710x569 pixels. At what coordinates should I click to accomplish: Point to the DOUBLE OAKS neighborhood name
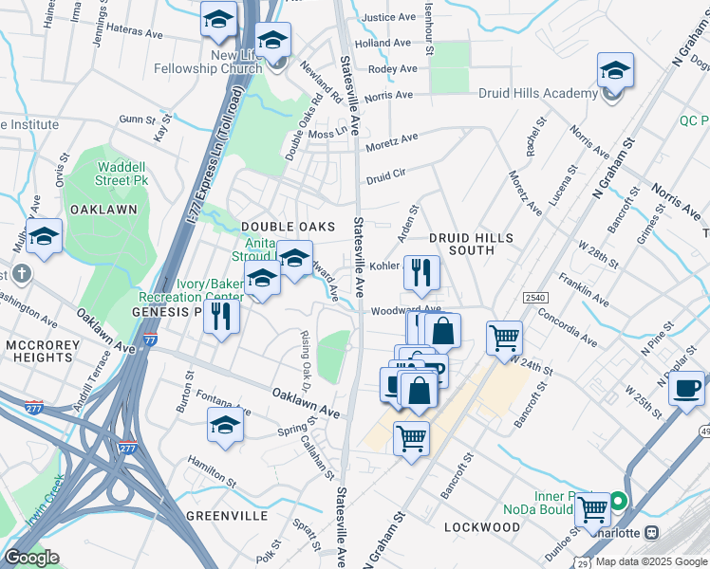(x=289, y=227)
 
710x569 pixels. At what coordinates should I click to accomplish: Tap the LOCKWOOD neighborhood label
(x=481, y=527)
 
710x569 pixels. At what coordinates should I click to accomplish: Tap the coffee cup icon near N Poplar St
(x=686, y=388)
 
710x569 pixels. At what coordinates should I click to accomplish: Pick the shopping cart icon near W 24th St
(x=504, y=337)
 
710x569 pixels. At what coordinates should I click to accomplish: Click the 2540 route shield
(x=533, y=297)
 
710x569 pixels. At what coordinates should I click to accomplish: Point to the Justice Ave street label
(x=389, y=17)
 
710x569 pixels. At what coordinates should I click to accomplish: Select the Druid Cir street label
(x=386, y=175)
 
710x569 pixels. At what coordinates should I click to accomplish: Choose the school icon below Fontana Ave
(x=225, y=427)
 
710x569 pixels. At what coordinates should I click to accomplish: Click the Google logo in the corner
(x=31, y=557)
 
